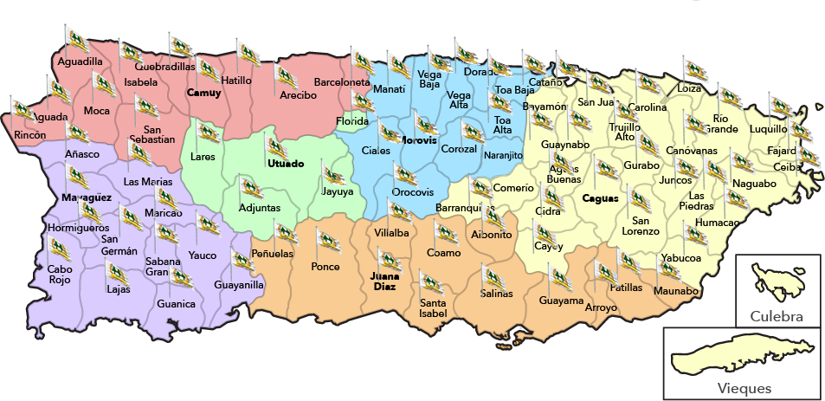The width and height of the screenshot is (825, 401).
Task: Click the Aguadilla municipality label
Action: click(79, 62)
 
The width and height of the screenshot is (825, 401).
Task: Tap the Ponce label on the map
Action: click(325, 267)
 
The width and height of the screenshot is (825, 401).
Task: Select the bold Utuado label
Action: click(286, 164)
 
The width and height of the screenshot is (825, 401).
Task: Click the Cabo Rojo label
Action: click(60, 274)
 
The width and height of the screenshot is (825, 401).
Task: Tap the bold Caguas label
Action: click(600, 198)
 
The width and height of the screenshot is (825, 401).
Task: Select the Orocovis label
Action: click(413, 192)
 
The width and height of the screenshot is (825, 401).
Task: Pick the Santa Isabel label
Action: click(433, 307)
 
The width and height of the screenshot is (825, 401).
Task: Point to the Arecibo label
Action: click(298, 95)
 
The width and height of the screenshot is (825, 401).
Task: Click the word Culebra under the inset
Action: click(777, 317)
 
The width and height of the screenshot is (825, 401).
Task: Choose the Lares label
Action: click(203, 158)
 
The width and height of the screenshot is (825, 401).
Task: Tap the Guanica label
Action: click(176, 304)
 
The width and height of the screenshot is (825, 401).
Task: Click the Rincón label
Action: click(30, 135)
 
